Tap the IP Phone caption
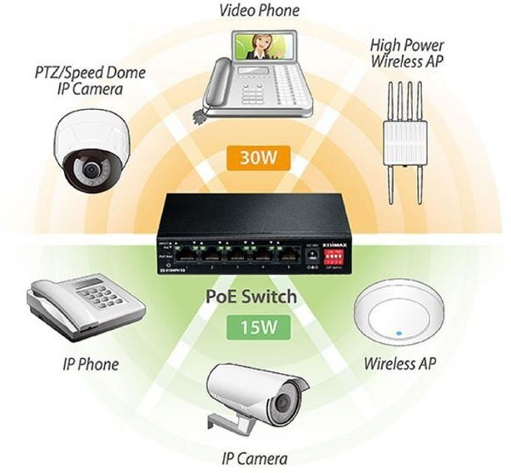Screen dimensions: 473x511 (91, 364)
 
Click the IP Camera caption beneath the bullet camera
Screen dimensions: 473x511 (255, 458)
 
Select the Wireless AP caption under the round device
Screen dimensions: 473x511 (400, 364)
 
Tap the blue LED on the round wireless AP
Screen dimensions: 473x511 (401, 334)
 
